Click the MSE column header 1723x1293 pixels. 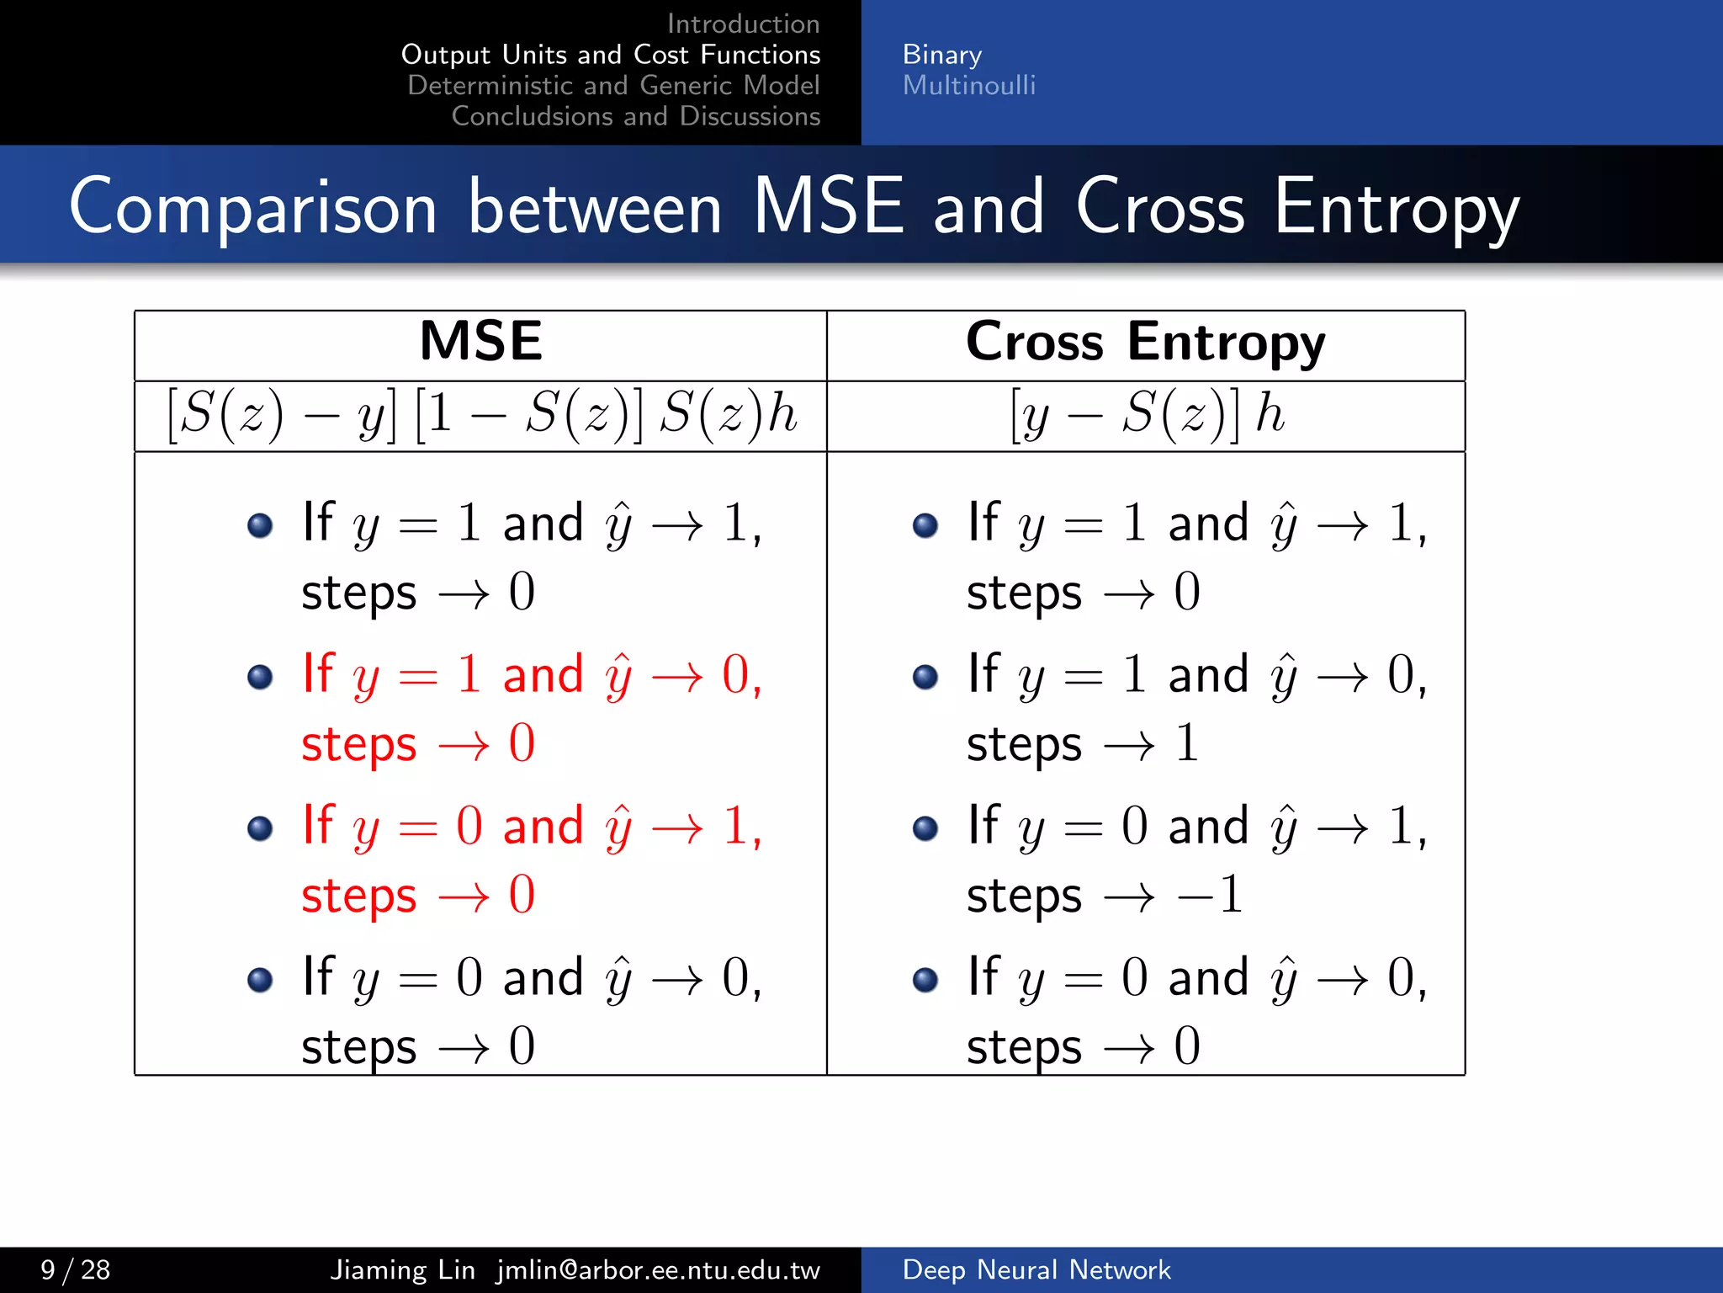pos(480,342)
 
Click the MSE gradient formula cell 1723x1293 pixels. pos(480,414)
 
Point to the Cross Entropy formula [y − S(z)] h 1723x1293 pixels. pos(1147,414)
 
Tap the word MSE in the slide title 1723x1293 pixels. pos(828,206)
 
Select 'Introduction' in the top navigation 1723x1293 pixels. pos(743,24)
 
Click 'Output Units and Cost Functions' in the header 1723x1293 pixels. pos(611,55)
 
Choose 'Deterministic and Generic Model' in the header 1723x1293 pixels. pos(613,85)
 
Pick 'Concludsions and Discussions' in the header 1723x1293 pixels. pos(635,116)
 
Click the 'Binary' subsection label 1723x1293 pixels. pos(941,55)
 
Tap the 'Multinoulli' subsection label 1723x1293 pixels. pos(968,85)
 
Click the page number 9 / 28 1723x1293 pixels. pos(75,1269)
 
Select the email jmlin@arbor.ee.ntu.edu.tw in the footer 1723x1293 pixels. pos(658,1269)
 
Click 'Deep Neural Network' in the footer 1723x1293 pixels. pos(1036,1269)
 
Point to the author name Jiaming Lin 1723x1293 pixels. pos(402,1269)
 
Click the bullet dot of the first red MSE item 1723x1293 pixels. pos(260,677)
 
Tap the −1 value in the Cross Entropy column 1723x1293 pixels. pos(1211,894)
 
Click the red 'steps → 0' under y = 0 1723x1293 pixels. pos(418,896)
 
